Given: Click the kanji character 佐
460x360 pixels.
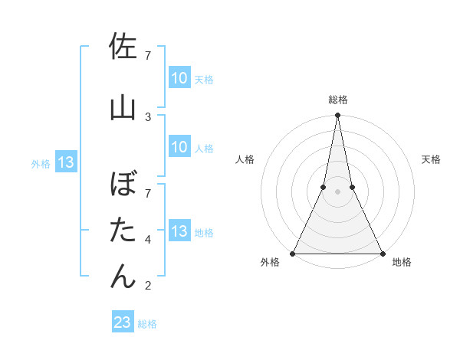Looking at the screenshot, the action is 123,47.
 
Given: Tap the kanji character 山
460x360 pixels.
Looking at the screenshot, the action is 123,106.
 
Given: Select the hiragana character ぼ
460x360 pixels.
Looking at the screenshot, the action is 123,185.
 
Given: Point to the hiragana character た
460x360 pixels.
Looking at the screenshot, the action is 123,230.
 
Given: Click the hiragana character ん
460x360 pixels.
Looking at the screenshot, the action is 123,275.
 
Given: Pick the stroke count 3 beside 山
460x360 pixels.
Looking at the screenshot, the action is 148,116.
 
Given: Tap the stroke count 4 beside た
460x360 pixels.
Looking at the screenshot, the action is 148,240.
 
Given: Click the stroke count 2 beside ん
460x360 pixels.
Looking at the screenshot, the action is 148,286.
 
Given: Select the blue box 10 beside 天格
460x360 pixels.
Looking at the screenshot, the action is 179,78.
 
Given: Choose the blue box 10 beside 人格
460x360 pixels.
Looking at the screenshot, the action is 179,147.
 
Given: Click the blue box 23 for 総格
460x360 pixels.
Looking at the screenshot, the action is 123,322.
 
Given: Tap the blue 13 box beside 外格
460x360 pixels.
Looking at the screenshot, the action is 65,162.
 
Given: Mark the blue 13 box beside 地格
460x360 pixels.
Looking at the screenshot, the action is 179,231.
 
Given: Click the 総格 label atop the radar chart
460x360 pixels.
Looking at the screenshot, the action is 337,100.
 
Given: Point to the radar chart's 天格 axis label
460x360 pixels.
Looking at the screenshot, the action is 432,159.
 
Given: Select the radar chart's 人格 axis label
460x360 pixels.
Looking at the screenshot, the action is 245,159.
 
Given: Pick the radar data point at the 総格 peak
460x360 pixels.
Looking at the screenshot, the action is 337,116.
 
